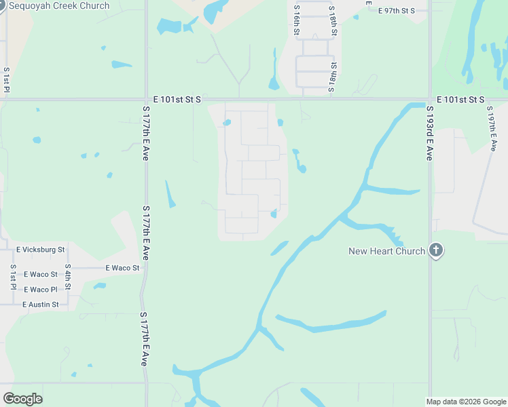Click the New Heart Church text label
click(x=386, y=251)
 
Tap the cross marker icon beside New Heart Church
click(x=436, y=251)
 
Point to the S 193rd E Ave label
click(x=430, y=133)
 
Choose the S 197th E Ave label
click(x=492, y=129)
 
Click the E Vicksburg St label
click(x=40, y=250)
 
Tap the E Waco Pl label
click(x=41, y=290)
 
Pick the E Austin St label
click(x=41, y=305)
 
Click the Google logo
click(x=22, y=399)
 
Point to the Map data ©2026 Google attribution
click(x=466, y=402)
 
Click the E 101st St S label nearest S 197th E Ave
click(x=460, y=100)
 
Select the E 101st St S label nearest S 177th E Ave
click(x=177, y=100)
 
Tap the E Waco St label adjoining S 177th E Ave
click(x=122, y=268)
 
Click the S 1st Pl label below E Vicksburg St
click(x=13, y=276)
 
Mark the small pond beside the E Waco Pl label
click(x=100, y=286)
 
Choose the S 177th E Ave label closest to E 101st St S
click(x=145, y=133)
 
